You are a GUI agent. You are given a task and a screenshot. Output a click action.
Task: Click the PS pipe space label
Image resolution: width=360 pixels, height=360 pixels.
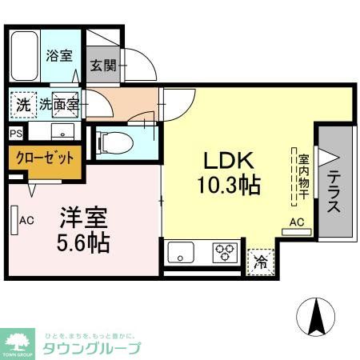pyautogui.click(x=16, y=134)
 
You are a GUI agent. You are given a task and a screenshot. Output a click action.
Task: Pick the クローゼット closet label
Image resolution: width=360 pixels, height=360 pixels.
pyautogui.click(x=45, y=157)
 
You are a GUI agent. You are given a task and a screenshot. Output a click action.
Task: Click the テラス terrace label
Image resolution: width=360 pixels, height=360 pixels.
pyautogui.click(x=334, y=193)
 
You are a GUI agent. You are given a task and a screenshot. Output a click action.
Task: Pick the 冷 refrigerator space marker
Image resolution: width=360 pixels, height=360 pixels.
pyautogui.click(x=260, y=260)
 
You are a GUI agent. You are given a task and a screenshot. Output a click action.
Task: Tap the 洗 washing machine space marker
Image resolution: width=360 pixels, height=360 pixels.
pyautogui.click(x=22, y=103)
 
